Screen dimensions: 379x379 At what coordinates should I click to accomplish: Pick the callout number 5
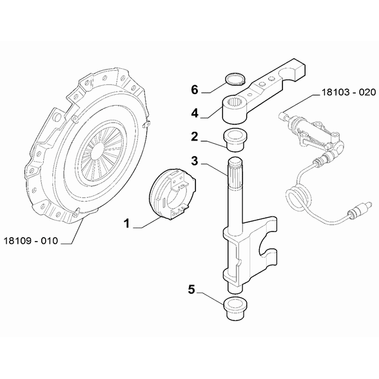click(191, 290)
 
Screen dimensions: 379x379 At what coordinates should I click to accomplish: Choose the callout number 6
click(194, 89)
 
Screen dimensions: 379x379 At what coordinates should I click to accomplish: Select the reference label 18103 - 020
click(347, 92)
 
